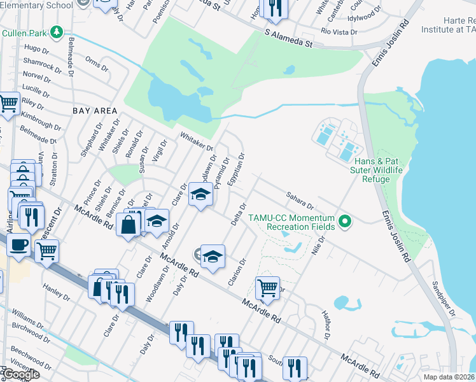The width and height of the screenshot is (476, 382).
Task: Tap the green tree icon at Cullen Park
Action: point(57,31)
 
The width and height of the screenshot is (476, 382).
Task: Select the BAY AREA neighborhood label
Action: point(95,110)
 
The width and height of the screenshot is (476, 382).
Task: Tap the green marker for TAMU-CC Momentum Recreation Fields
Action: point(346,222)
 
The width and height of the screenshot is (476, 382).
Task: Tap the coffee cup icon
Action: point(18,245)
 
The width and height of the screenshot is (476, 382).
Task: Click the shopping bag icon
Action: point(129,225)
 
